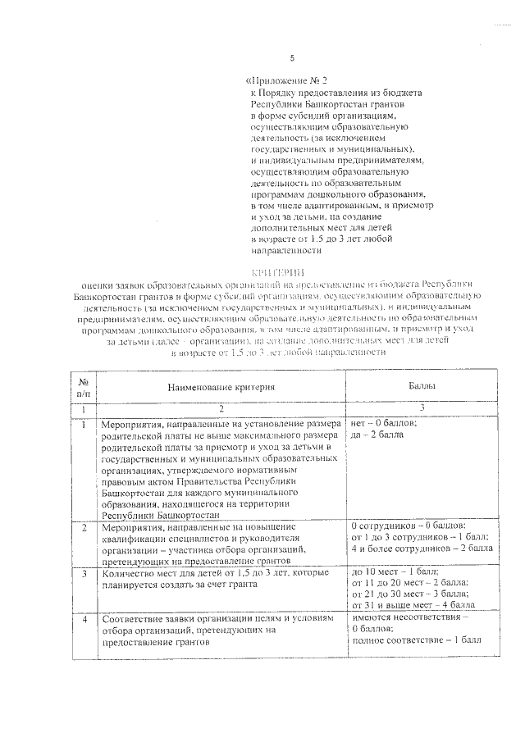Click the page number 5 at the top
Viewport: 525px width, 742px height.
coord(291,57)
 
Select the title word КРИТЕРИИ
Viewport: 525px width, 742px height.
coord(276,271)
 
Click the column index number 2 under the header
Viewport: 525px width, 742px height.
coord(221,407)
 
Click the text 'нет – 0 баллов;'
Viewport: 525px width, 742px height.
coord(384,423)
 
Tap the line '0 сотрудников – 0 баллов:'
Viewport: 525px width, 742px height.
coord(408,525)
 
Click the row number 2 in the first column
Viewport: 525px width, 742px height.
coord(83,527)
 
